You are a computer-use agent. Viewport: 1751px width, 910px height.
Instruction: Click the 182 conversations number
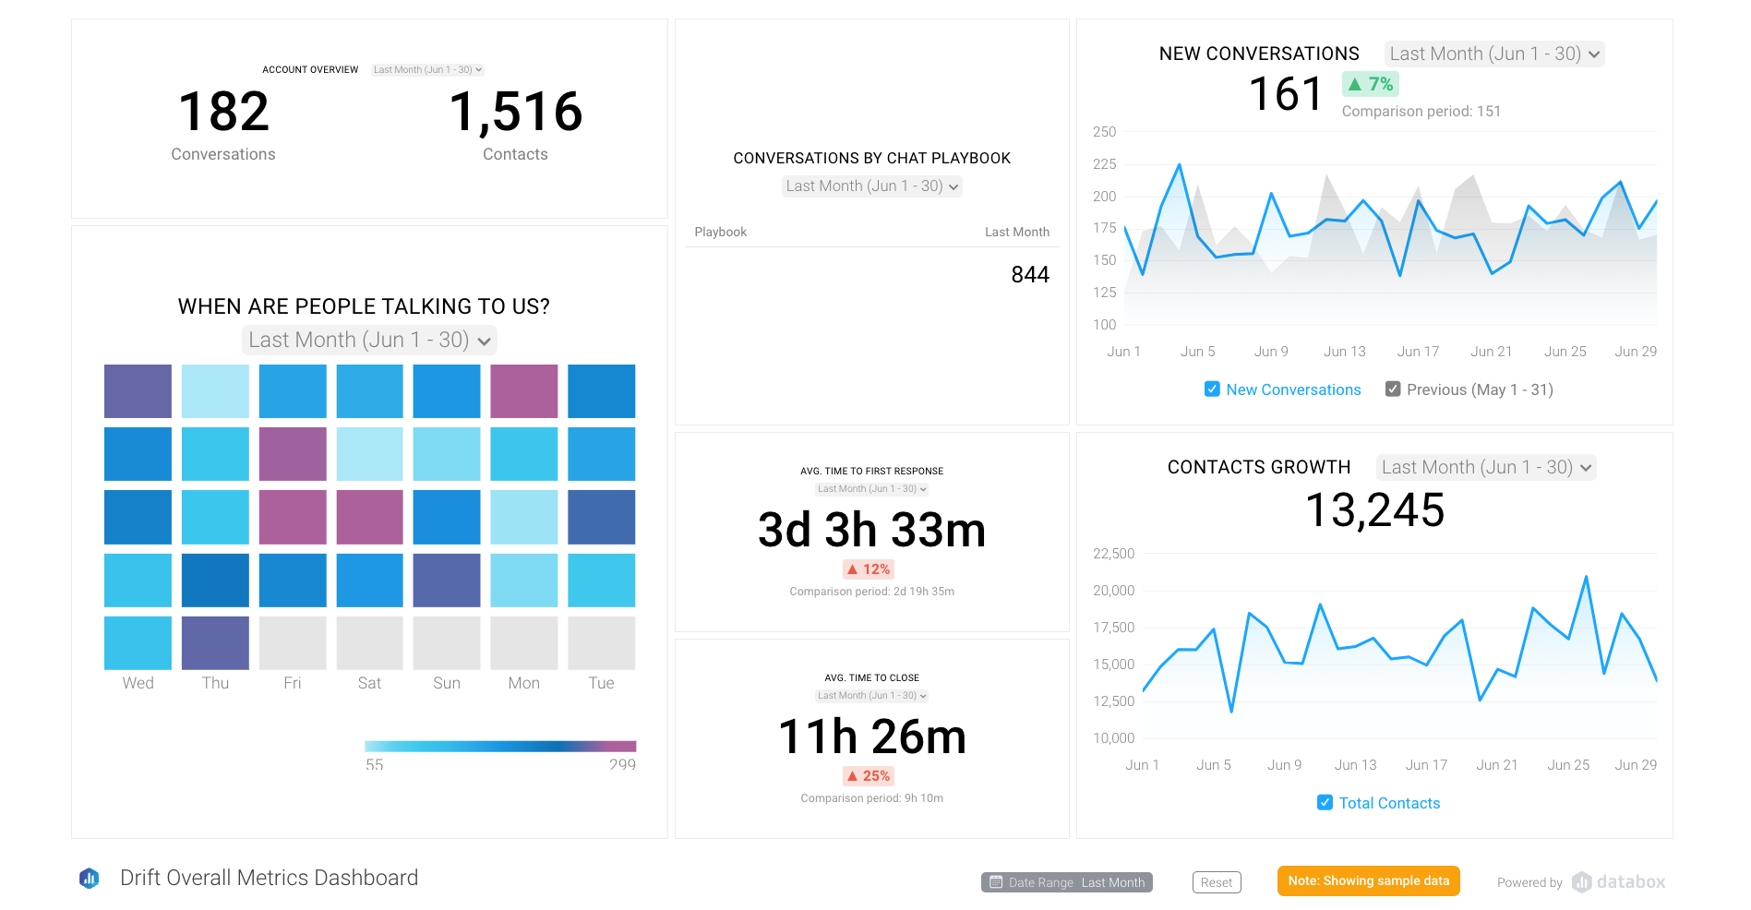click(x=223, y=112)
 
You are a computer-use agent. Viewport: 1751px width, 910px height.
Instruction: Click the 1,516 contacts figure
click(x=515, y=112)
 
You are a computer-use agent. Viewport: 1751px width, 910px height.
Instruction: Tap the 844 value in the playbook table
click(x=1029, y=275)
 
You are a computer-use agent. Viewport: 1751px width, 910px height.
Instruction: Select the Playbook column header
click(x=720, y=232)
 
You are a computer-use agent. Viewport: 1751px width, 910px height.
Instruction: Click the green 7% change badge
click(x=1370, y=84)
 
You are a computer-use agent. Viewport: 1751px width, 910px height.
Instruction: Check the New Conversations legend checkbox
click(x=1212, y=389)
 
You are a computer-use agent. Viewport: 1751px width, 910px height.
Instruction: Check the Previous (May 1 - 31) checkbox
click(x=1393, y=389)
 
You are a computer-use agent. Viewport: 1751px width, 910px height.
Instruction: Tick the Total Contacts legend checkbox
click(x=1325, y=803)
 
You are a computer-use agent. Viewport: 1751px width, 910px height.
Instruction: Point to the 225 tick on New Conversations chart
click(x=1104, y=164)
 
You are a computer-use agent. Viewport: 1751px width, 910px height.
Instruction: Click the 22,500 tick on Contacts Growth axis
click(x=1113, y=554)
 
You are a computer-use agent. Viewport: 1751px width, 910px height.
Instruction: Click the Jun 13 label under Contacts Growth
click(x=1355, y=765)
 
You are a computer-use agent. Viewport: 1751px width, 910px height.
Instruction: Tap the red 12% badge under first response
click(x=869, y=569)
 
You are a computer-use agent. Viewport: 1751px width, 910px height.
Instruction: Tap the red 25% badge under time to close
click(x=869, y=776)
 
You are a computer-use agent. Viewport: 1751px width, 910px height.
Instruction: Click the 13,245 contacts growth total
click(x=1374, y=510)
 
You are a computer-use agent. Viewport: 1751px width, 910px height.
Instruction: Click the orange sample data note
click(x=1368, y=880)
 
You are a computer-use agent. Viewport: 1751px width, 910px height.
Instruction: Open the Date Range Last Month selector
click(x=1066, y=882)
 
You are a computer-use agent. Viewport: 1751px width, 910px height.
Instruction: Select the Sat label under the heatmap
click(x=369, y=683)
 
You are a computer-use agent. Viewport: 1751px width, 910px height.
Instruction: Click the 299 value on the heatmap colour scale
click(x=622, y=764)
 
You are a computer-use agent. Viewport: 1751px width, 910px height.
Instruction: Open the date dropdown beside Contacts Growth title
click(x=1486, y=467)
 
